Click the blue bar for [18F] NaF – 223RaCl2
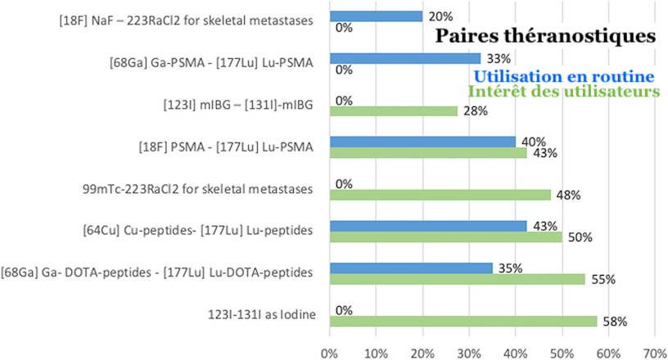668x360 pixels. pyautogui.click(x=376, y=16)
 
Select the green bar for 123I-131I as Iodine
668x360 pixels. pyautogui.click(x=463, y=322)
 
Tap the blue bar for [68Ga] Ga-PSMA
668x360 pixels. pyautogui.click(x=404, y=58)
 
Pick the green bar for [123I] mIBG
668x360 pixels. pyautogui.click(x=393, y=111)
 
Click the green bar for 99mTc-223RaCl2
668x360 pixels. pyautogui.click(x=440, y=195)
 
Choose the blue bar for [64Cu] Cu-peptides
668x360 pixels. pyautogui.click(x=428, y=226)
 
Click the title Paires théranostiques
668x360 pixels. pyautogui.click(x=545, y=36)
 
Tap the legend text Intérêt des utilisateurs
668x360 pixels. pyautogui.click(x=564, y=91)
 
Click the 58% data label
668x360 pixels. pyautogui.click(x=614, y=322)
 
